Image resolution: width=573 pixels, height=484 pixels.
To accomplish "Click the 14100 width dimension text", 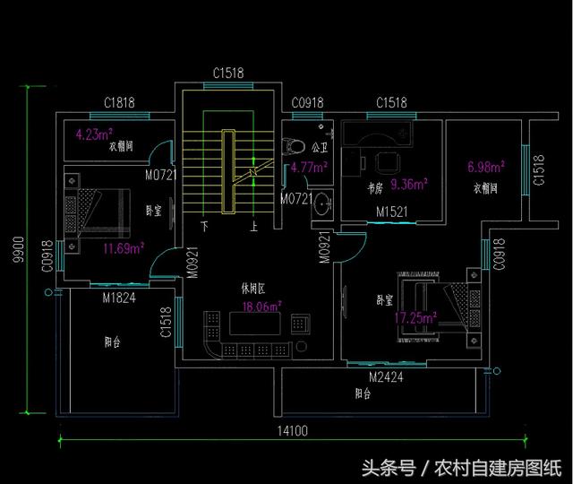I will click(292, 431).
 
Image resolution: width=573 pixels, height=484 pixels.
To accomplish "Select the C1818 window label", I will click(119, 103).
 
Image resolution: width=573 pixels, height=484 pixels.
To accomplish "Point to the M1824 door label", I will click(119, 298).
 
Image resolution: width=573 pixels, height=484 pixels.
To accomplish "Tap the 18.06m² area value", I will click(262, 307).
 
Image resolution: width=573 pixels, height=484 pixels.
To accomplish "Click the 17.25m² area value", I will click(416, 318).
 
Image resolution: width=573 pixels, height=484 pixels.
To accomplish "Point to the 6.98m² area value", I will click(486, 167).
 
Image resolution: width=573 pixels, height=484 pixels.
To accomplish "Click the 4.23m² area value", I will click(91, 135).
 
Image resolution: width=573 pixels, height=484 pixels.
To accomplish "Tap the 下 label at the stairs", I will click(205, 227).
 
